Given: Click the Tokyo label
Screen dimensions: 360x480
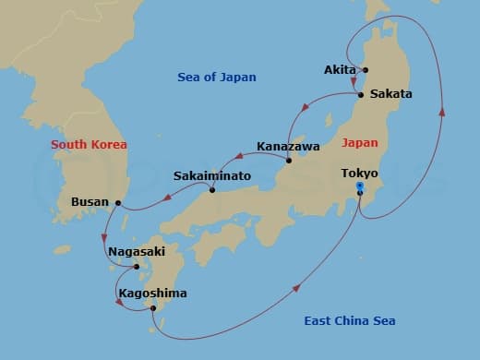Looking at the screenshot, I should point(359,173).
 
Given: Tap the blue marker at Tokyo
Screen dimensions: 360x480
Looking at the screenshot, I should point(359,186).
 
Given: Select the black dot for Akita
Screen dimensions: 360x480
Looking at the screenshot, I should point(366,70).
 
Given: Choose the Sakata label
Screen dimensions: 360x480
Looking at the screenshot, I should point(390,94).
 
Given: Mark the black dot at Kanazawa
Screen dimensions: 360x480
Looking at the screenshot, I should point(288,161).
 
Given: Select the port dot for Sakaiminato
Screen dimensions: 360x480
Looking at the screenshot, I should point(212,190).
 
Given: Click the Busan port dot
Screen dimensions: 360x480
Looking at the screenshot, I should point(118,202).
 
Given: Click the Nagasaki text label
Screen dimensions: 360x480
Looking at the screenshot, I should point(136,250).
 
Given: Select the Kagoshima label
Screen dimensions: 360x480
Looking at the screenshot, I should point(152,294).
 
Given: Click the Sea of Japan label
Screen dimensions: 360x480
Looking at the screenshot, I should point(217,78).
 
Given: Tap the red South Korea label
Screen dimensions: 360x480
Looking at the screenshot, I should point(89,145).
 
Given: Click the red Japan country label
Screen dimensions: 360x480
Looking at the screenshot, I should point(358,143).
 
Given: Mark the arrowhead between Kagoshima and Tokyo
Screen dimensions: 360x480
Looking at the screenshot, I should point(296,289).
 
